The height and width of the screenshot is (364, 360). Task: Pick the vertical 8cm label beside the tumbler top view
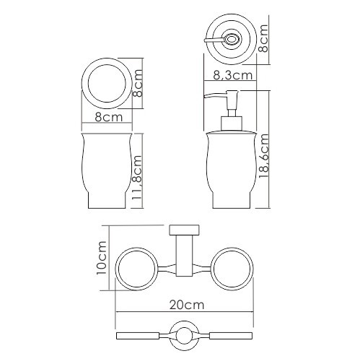[x=139, y=84]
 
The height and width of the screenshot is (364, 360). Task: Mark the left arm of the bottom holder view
[x=141, y=337]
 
